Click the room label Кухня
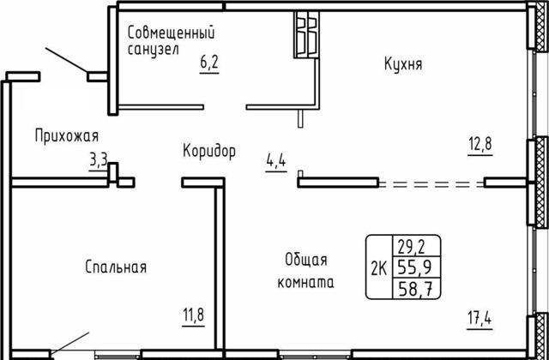(403, 65)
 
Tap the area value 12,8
(480, 144)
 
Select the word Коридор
(209, 152)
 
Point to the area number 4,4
(276, 161)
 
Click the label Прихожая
(67, 136)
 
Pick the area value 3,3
(99, 161)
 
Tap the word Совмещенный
(171, 33)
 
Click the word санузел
(154, 50)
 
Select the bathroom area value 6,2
(209, 63)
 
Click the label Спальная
(116, 267)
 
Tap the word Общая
(306, 261)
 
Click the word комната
(305, 282)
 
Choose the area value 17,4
(480, 319)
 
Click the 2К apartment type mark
(379, 269)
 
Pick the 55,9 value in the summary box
(414, 268)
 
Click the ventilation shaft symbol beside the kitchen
(307, 34)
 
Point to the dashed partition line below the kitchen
(431, 184)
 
